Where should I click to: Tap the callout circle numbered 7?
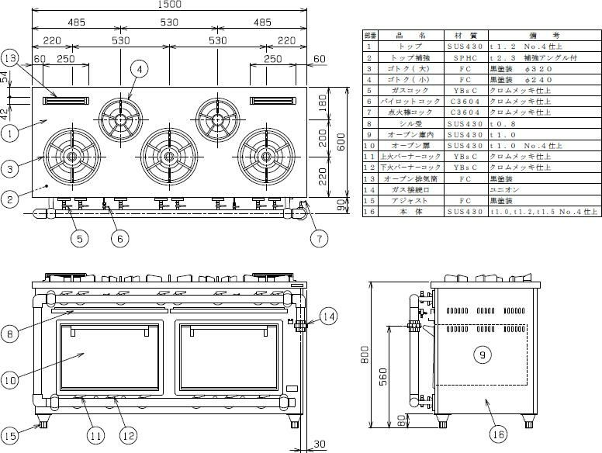317,238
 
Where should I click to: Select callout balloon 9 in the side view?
482,354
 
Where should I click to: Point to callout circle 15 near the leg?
11,435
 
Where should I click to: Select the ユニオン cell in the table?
501,188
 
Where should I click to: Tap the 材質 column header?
455,36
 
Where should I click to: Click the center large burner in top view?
166,156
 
